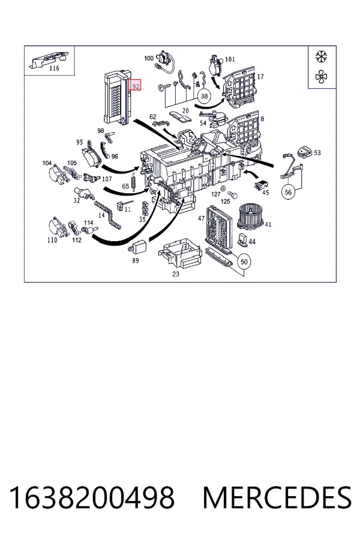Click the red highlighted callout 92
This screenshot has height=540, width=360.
pos(135,85)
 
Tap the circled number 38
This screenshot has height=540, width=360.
pos(204,96)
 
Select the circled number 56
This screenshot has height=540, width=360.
pos(289,192)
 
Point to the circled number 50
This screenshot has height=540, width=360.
pos(244,262)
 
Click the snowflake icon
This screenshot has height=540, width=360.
pos(322,56)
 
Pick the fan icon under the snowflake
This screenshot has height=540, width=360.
pos(322,77)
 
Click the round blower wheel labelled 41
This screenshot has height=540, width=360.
pos(250,215)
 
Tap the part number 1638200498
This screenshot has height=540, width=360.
pos(92,497)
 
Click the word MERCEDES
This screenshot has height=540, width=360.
pos(277,497)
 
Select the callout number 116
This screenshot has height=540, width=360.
pos(54,68)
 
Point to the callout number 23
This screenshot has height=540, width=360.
pos(176,274)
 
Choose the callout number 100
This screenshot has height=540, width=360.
pos(148,58)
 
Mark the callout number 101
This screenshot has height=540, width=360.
pos(230,59)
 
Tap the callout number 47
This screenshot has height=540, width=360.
pos(201,218)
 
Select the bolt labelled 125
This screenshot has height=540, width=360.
pos(233,196)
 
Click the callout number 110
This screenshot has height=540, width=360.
pos(52,239)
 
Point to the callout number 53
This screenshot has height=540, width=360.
pos(317,152)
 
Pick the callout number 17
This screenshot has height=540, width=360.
pos(260,76)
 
